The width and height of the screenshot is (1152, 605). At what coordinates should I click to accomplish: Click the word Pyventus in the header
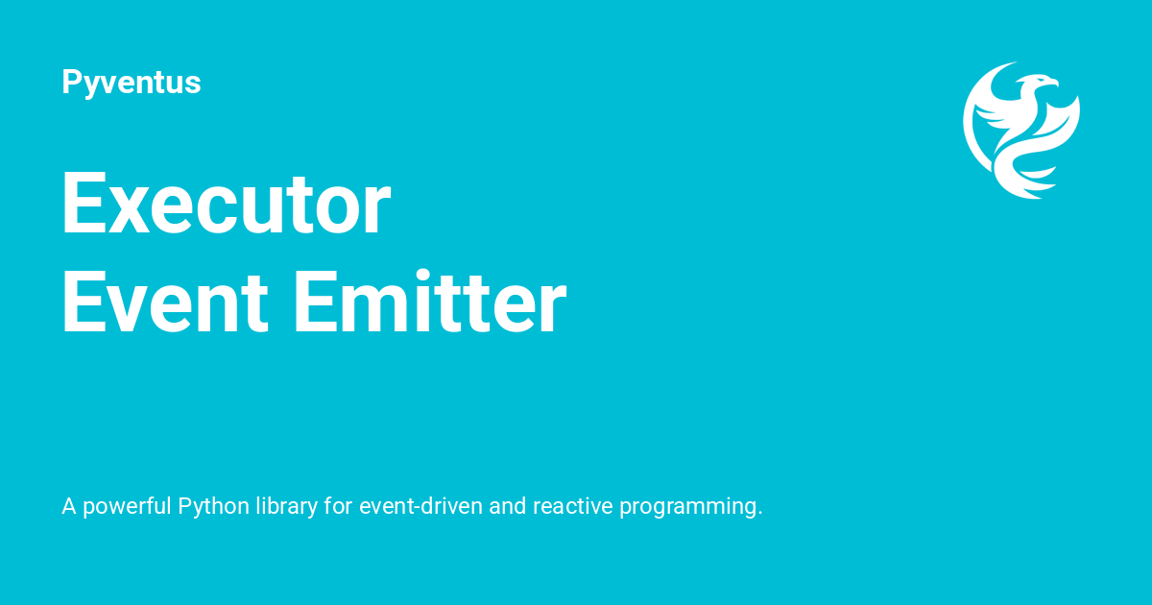[132, 84]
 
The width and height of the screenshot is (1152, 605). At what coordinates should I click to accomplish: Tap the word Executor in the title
[226, 205]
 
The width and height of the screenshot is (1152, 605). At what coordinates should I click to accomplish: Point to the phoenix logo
[1021, 130]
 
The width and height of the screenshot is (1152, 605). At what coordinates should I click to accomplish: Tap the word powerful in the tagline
[127, 506]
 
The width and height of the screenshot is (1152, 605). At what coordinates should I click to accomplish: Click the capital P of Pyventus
[71, 83]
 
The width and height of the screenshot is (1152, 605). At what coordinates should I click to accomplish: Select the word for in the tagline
[338, 506]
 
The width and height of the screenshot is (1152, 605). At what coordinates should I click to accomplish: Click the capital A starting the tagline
[69, 506]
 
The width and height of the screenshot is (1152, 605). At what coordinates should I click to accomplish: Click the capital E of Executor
[83, 205]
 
